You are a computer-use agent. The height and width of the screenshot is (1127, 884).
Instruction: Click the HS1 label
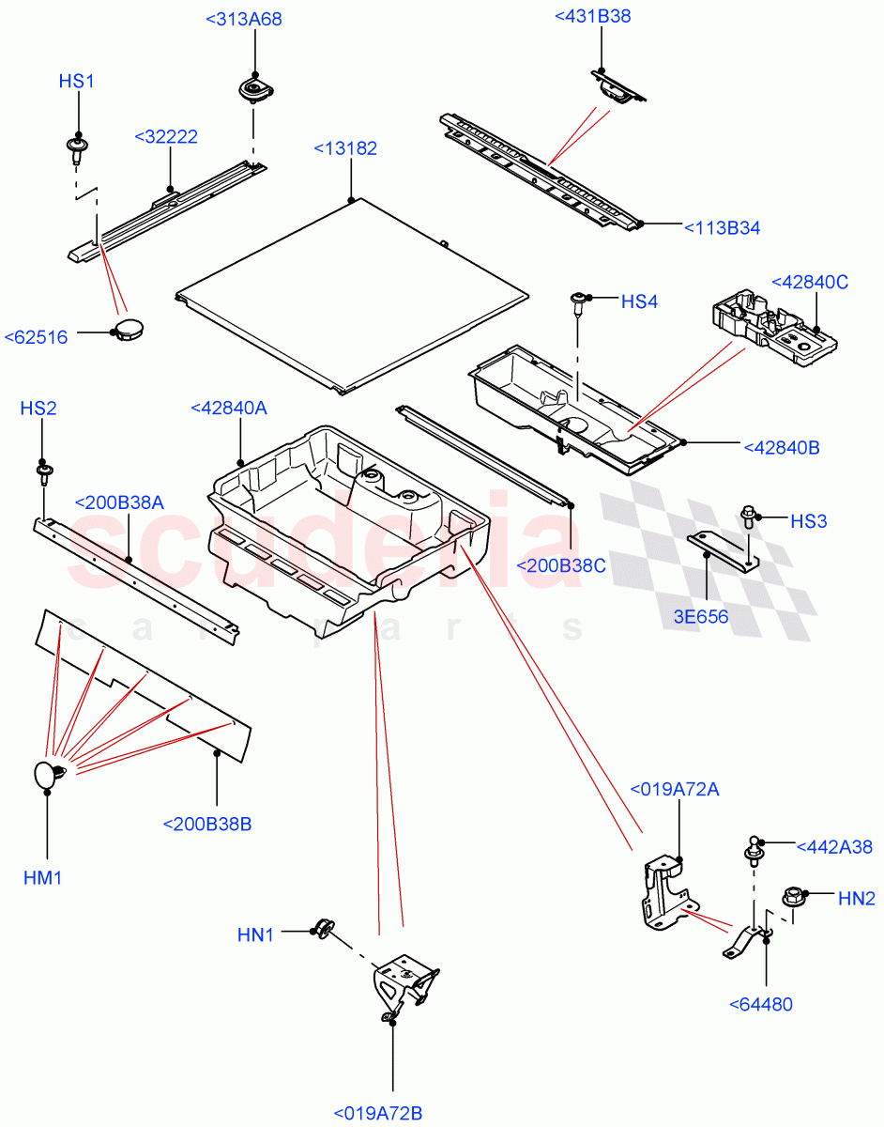pos(77,82)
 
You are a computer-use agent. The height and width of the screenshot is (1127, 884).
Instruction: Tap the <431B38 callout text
pos(592,16)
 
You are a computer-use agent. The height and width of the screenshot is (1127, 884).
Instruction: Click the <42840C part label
pos(809,282)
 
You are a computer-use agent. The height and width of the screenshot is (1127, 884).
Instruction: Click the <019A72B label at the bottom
pos(384,1114)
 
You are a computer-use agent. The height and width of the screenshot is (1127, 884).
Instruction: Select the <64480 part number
pos(760,1004)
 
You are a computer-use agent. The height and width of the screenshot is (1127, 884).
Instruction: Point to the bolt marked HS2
pos(44,469)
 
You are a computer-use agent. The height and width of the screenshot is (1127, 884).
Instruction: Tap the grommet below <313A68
pos(252,91)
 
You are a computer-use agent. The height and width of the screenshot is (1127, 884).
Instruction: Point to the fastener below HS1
pos(76,147)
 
